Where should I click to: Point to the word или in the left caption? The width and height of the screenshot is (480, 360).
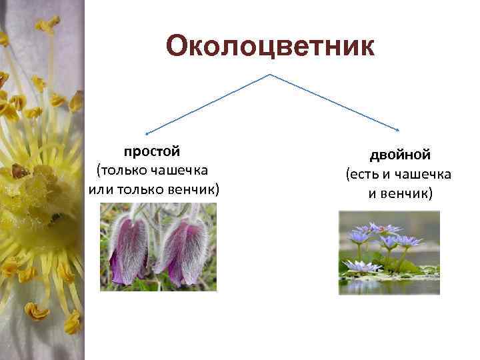101,189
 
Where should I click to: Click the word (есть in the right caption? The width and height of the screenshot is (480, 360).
361,175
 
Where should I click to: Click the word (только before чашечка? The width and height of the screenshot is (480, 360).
124,171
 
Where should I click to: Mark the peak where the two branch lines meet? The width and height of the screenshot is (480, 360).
269,75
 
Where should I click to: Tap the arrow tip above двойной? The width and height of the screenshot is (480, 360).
398,131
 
